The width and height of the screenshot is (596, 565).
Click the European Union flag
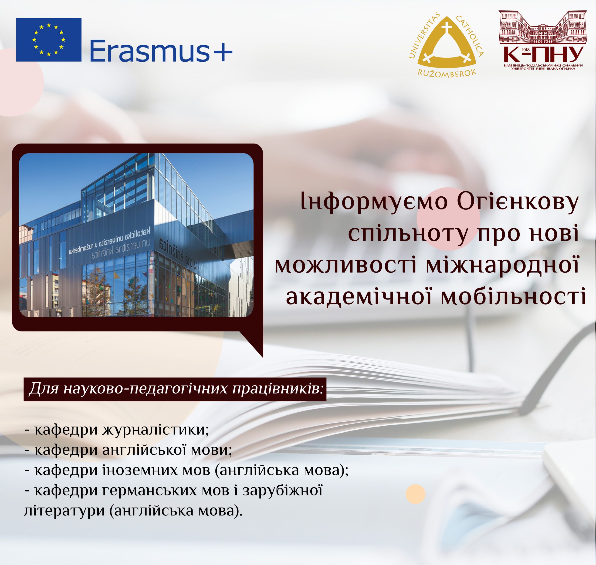pyautogui.click(x=48, y=40)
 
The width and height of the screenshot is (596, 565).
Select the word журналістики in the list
pyautogui.click(x=156, y=430)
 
